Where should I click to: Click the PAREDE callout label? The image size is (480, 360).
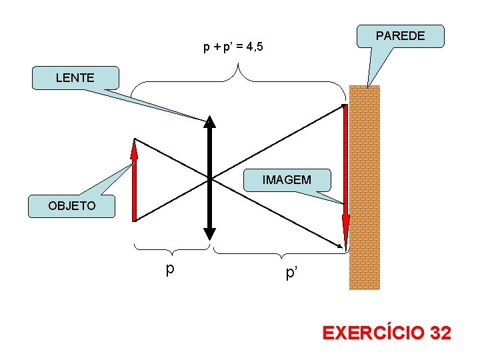pos(401,36)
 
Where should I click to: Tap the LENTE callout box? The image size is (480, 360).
pos(75,78)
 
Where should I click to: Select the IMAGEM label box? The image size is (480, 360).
pos(287,180)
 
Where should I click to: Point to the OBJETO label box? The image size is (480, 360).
pos(72,206)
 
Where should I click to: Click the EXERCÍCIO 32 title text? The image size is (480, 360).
pos(387,333)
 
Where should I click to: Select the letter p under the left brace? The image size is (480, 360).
pos(171,269)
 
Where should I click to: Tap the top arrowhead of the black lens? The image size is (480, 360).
pos(210,121)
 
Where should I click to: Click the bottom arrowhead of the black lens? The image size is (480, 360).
pos(210,234)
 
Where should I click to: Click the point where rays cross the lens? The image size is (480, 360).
pos(210,179)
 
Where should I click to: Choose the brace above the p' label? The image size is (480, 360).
pos(280,253)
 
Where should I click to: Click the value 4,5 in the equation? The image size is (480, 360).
pos(254,47)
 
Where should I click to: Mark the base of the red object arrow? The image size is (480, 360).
pos(134,219)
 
